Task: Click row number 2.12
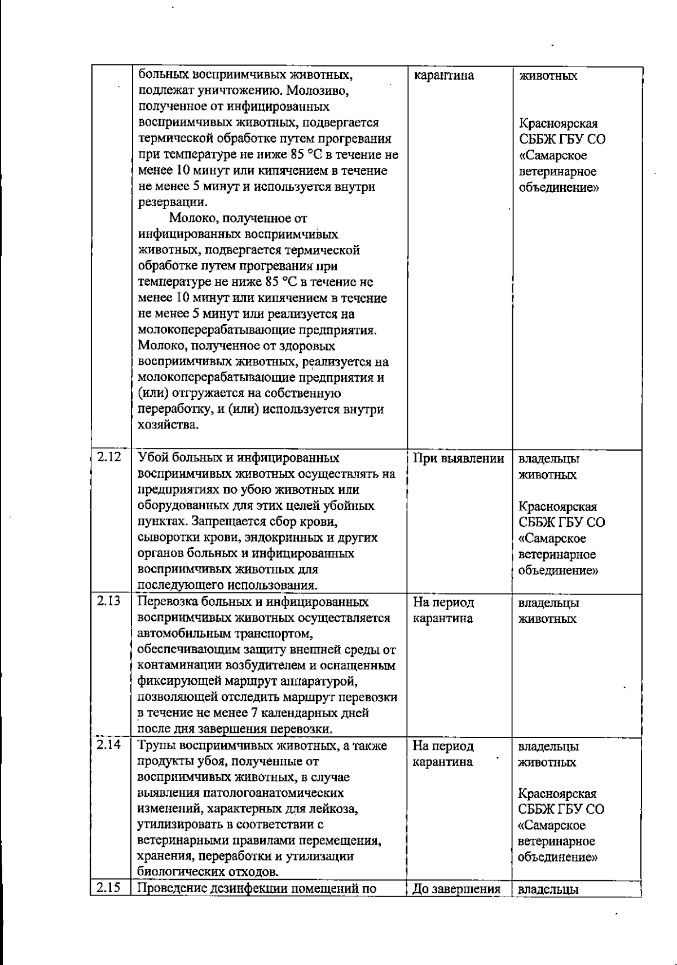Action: (x=109, y=457)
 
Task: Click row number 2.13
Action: (x=109, y=601)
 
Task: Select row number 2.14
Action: (x=109, y=745)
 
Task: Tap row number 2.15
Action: (x=109, y=888)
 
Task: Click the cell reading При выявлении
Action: (x=458, y=459)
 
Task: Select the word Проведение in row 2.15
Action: (x=172, y=889)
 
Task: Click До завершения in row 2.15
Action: (x=457, y=890)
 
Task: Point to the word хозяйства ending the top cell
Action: (x=168, y=425)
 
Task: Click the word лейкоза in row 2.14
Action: (x=336, y=809)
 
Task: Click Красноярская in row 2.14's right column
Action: (x=557, y=793)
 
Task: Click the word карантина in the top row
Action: (x=443, y=76)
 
